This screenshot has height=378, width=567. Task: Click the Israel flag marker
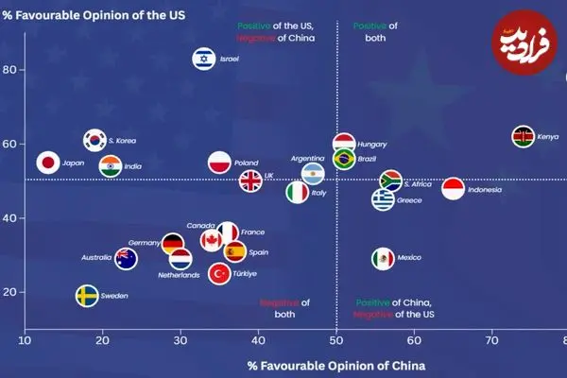pyautogui.click(x=203, y=60)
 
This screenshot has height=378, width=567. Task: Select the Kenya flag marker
pyautogui.click(x=523, y=137)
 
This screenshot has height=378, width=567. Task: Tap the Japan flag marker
pyautogui.click(x=48, y=163)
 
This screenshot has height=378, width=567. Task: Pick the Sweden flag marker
pyautogui.click(x=87, y=296)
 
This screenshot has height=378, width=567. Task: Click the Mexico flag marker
pyautogui.click(x=382, y=258)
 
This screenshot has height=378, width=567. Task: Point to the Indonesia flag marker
pyautogui.click(x=453, y=189)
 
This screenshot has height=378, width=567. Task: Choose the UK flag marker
pyautogui.click(x=250, y=180)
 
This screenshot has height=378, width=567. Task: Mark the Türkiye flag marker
pyautogui.click(x=220, y=274)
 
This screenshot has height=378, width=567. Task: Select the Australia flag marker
pyautogui.click(x=126, y=258)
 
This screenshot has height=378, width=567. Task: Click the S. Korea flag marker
pyautogui.click(x=94, y=141)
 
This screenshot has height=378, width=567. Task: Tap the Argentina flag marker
pyautogui.click(x=313, y=174)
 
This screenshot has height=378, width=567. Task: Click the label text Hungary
pyautogui.click(x=372, y=145)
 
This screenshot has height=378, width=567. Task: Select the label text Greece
pyautogui.click(x=409, y=200)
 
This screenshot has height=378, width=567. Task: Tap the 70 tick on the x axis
pyautogui.click(x=491, y=341)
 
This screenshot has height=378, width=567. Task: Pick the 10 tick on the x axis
pyautogui.click(x=25, y=341)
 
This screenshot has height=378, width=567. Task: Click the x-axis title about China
pyautogui.click(x=335, y=365)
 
